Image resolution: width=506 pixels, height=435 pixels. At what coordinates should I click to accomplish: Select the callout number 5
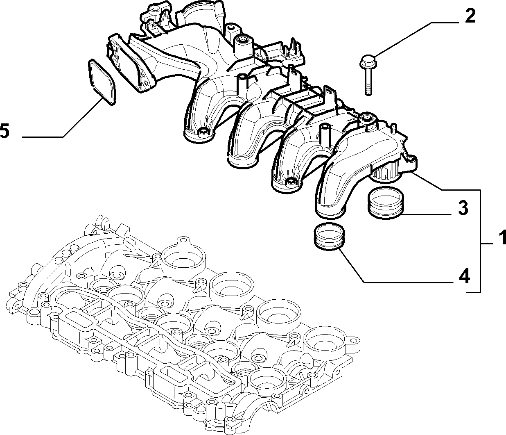click(5, 130)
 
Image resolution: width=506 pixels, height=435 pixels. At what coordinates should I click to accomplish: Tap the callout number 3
click(463, 207)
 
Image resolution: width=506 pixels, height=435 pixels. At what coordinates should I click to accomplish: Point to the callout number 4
click(464, 276)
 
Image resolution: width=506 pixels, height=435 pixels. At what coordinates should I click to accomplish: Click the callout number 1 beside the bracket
click(501, 237)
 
